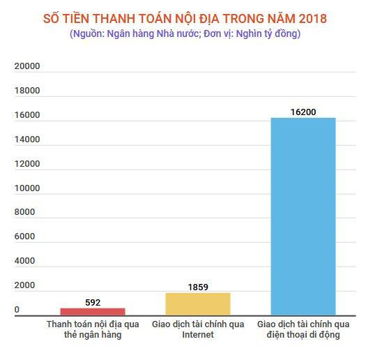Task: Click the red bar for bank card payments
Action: click(93, 312)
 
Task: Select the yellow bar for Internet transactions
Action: click(197, 304)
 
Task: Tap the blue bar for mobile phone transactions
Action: click(303, 216)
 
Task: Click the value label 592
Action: click(93, 303)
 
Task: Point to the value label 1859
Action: click(197, 287)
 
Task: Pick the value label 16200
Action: click(303, 112)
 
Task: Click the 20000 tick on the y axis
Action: click(27, 67)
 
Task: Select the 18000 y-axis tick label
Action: click(27, 91)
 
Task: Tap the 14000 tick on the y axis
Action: click(27, 140)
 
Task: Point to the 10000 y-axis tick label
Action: click(27, 188)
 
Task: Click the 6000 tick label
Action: click(24, 237)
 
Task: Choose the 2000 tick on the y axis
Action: click(24, 286)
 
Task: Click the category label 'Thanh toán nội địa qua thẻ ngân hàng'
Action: click(93, 329)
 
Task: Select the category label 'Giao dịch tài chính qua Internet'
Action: click(197, 329)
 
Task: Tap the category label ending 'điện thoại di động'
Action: click(303, 329)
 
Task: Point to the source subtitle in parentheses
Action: click(185, 33)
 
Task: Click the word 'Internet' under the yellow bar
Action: click(197, 335)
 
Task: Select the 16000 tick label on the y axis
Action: click(27, 116)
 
